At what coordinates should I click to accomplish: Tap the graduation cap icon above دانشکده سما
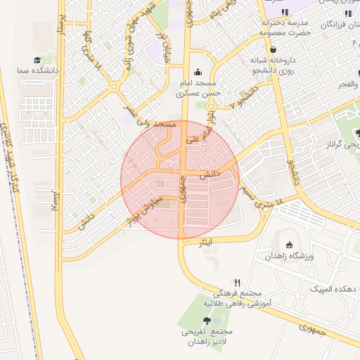tap(37, 60)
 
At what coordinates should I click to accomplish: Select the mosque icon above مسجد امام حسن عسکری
tap(197, 71)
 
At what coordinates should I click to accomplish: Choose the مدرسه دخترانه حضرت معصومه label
tap(285, 27)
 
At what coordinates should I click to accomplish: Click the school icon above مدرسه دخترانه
tap(285, 13)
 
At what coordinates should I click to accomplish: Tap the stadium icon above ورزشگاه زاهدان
tap(289, 245)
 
